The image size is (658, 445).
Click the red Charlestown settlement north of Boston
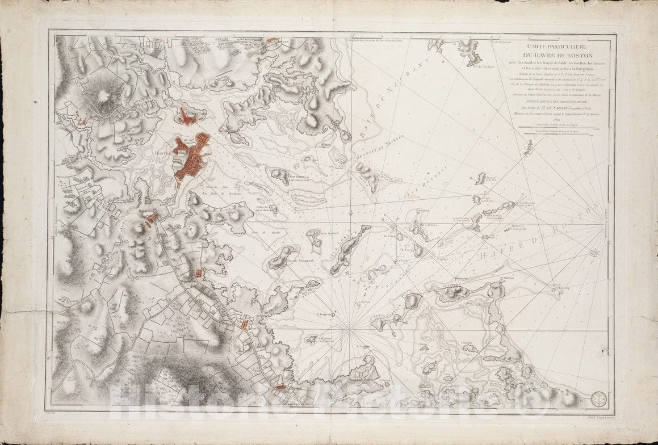point(188,116)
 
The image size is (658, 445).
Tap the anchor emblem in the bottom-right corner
point(598,399)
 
